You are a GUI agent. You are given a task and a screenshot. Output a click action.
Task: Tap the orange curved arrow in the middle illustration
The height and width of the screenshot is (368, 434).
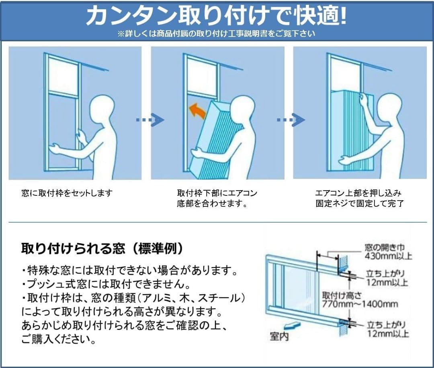click(197, 110)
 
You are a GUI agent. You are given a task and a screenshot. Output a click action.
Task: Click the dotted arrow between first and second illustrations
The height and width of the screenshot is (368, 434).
click(150, 120)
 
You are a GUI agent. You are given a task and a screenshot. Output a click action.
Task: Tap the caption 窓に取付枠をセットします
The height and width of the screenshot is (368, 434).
click(67, 193)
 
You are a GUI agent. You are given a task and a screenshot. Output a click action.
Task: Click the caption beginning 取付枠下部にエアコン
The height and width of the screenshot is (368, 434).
click(217, 193)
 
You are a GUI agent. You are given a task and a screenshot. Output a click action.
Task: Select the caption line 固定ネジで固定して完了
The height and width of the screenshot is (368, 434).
click(359, 204)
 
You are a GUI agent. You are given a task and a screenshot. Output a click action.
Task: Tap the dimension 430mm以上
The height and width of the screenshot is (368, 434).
click(388, 256)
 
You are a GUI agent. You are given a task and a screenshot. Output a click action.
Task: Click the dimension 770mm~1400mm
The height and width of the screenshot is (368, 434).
click(360, 304)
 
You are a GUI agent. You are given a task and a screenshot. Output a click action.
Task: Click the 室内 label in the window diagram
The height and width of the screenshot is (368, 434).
click(279, 336)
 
